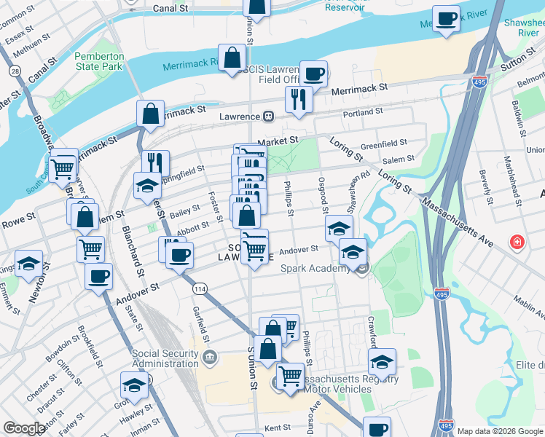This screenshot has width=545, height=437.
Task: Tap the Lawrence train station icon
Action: tap(268, 117)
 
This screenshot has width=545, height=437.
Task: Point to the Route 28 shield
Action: tap(15, 71)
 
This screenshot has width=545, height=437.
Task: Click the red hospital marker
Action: tap(517, 241)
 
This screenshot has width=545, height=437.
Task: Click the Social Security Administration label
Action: tap(165, 359)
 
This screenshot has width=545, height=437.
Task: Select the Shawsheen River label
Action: tap(523, 28)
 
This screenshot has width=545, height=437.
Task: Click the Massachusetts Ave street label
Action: tap(456, 216)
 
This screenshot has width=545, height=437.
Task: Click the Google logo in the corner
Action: tap(23, 428)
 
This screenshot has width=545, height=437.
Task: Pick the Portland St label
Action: tap(363, 112)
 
